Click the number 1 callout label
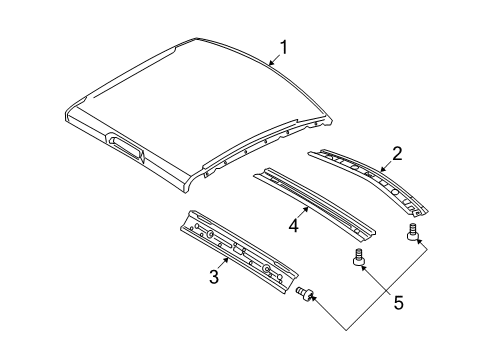click(x=285, y=46)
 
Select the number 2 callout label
click(x=397, y=153)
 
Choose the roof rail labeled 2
click(x=370, y=181)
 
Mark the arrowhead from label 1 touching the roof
click(x=269, y=65)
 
